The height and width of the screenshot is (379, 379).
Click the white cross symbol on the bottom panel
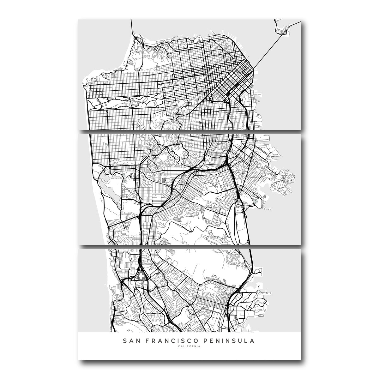click(x=141, y=276)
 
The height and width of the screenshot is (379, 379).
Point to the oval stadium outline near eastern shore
click(x=256, y=201)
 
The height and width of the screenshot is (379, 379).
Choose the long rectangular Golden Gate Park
click(x=126, y=103)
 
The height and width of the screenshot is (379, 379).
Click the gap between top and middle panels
click(x=189, y=131)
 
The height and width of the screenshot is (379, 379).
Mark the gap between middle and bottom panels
click(x=189, y=246)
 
